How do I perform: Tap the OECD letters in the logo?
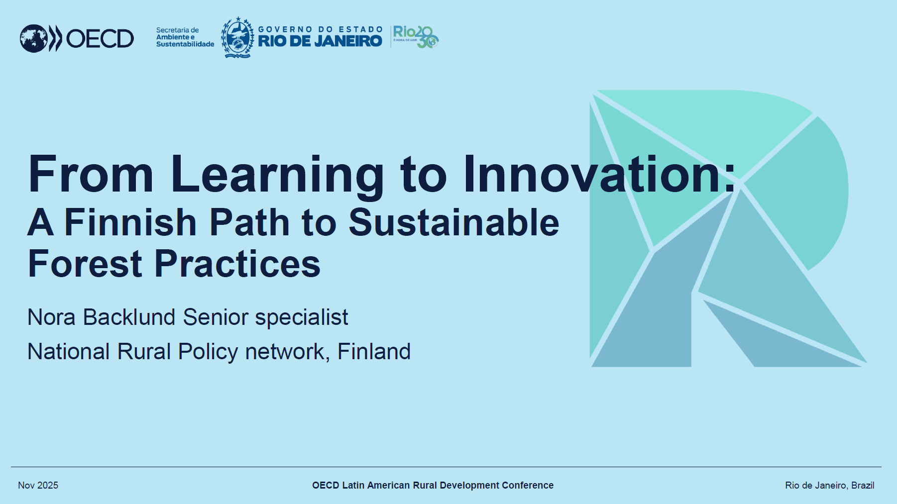(x=100, y=39)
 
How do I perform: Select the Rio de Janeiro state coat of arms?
(x=237, y=37)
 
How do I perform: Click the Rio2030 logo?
(x=416, y=37)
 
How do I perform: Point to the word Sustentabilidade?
(x=185, y=44)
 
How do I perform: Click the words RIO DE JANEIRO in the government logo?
(x=320, y=41)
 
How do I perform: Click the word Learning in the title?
(x=277, y=175)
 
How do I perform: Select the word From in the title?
(x=91, y=174)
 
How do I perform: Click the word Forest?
(x=86, y=264)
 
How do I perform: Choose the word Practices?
(x=237, y=264)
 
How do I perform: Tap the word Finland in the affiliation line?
(x=374, y=352)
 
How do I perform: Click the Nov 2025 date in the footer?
(x=38, y=486)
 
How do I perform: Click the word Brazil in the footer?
(x=863, y=486)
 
